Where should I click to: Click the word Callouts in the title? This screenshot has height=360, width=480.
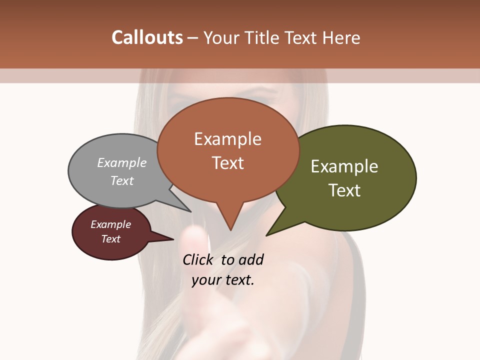tap(147, 38)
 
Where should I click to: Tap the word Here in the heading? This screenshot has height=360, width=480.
tap(341, 38)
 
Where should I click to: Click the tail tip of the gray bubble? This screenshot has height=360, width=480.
tap(190, 211)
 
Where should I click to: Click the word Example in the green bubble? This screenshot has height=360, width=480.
tap(344, 166)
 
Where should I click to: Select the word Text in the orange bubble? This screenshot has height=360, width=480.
tap(228, 163)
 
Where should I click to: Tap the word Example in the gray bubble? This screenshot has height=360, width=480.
tap(122, 163)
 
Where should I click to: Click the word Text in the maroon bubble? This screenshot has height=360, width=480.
tap(111, 239)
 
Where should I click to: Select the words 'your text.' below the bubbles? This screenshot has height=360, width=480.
tap(223, 280)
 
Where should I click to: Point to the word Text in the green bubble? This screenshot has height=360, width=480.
tap(345, 190)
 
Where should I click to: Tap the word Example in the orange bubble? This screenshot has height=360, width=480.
tap(228, 139)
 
